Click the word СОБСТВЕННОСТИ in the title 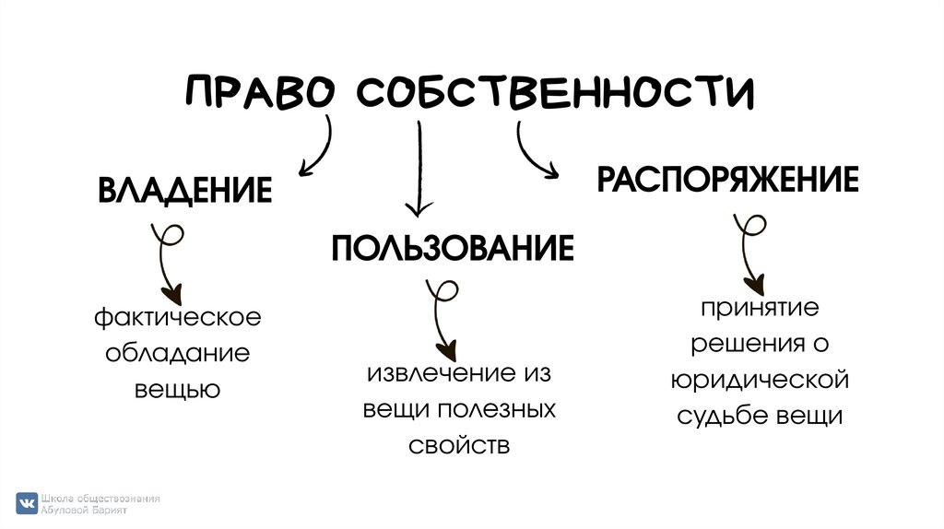554,93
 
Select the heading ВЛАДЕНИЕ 184,190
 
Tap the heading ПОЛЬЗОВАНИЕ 453,249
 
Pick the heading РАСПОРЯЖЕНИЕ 727,179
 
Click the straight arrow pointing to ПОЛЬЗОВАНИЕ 420,170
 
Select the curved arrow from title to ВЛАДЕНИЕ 319,147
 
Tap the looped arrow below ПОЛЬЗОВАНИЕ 441,318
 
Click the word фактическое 177,318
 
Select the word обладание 177,354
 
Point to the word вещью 177,389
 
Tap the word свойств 458,446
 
